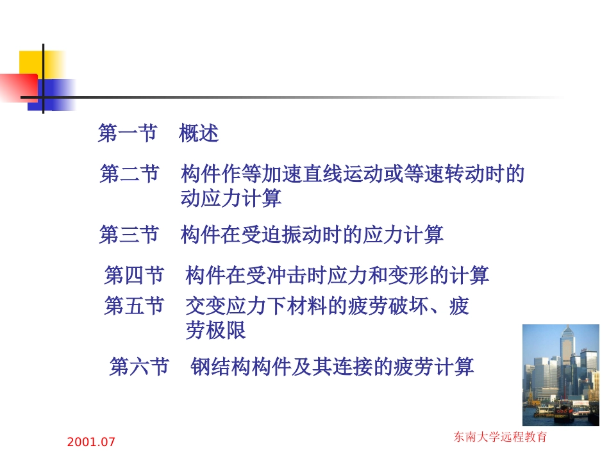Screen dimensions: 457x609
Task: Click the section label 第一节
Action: (x=128, y=133)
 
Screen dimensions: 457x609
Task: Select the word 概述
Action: (x=199, y=133)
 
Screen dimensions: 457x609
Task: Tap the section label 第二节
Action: (x=129, y=174)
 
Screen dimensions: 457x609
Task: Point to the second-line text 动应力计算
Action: (x=231, y=199)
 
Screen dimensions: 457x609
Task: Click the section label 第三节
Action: (x=129, y=235)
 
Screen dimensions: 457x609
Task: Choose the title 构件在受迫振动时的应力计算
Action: (x=312, y=235)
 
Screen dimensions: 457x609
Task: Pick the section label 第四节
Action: (x=134, y=276)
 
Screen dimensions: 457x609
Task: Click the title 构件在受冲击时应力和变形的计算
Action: (x=337, y=276)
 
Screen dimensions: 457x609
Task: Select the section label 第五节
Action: (x=134, y=306)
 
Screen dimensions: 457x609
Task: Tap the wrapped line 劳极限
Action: (x=216, y=331)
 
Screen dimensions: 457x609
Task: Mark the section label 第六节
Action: (x=139, y=367)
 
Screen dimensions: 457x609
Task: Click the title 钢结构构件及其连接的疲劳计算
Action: (x=333, y=367)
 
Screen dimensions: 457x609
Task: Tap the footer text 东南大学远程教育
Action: (x=501, y=438)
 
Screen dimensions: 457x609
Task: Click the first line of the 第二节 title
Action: (x=353, y=174)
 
